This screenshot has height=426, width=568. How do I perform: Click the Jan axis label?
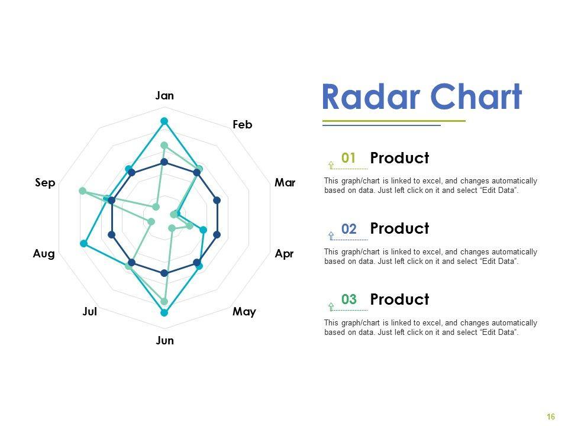[164, 96]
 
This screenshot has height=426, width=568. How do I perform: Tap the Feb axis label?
[243, 125]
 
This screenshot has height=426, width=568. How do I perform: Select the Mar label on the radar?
[285, 183]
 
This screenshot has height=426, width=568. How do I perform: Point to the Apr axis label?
[284, 254]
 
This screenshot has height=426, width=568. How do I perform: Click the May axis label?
[244, 312]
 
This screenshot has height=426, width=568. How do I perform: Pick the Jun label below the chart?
[165, 341]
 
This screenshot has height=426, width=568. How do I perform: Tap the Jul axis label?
[90, 312]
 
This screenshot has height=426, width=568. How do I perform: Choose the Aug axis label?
[44, 254]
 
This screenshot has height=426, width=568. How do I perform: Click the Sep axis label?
[45, 183]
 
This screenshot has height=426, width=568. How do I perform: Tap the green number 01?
[348, 158]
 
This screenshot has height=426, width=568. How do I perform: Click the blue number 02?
[349, 229]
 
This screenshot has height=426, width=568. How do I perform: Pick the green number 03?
[349, 299]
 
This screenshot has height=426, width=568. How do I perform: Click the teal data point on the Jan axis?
[164, 121]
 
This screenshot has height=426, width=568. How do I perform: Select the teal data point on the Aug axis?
[83, 243]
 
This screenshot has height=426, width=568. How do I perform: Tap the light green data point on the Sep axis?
[83, 191]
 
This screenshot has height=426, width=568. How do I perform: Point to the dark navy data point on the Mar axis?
[217, 200]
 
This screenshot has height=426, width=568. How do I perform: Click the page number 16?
[551, 417]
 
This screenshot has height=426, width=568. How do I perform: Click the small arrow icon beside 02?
[331, 236]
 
